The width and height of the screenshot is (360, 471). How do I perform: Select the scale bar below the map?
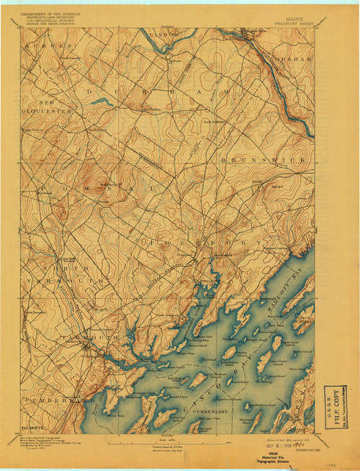pyautogui.click(x=172, y=442)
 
